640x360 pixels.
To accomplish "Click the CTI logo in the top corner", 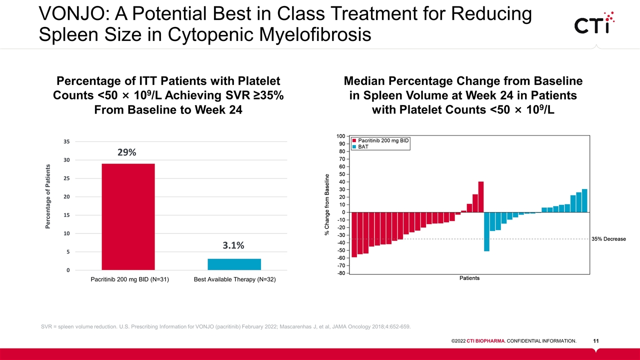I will click(x=594, y=23).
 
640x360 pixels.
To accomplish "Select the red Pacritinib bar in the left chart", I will click(x=128, y=217).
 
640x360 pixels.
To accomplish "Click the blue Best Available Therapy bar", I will click(x=234, y=264).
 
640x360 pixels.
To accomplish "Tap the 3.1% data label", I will click(x=233, y=245).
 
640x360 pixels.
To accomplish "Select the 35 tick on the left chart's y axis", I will click(x=66, y=141).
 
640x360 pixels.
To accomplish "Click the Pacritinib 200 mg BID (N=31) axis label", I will click(x=129, y=279).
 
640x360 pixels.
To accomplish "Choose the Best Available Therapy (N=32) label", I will click(x=234, y=279).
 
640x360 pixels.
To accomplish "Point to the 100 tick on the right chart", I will click(x=340, y=136).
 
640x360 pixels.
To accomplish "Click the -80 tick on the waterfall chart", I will click(x=340, y=273).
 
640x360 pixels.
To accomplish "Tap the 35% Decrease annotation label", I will click(x=608, y=239).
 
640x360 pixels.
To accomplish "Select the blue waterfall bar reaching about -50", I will click(x=486, y=231).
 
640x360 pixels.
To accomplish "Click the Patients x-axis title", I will click(x=469, y=278).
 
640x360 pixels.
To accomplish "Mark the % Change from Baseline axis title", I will click(x=327, y=204).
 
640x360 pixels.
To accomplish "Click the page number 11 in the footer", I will click(x=596, y=341).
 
